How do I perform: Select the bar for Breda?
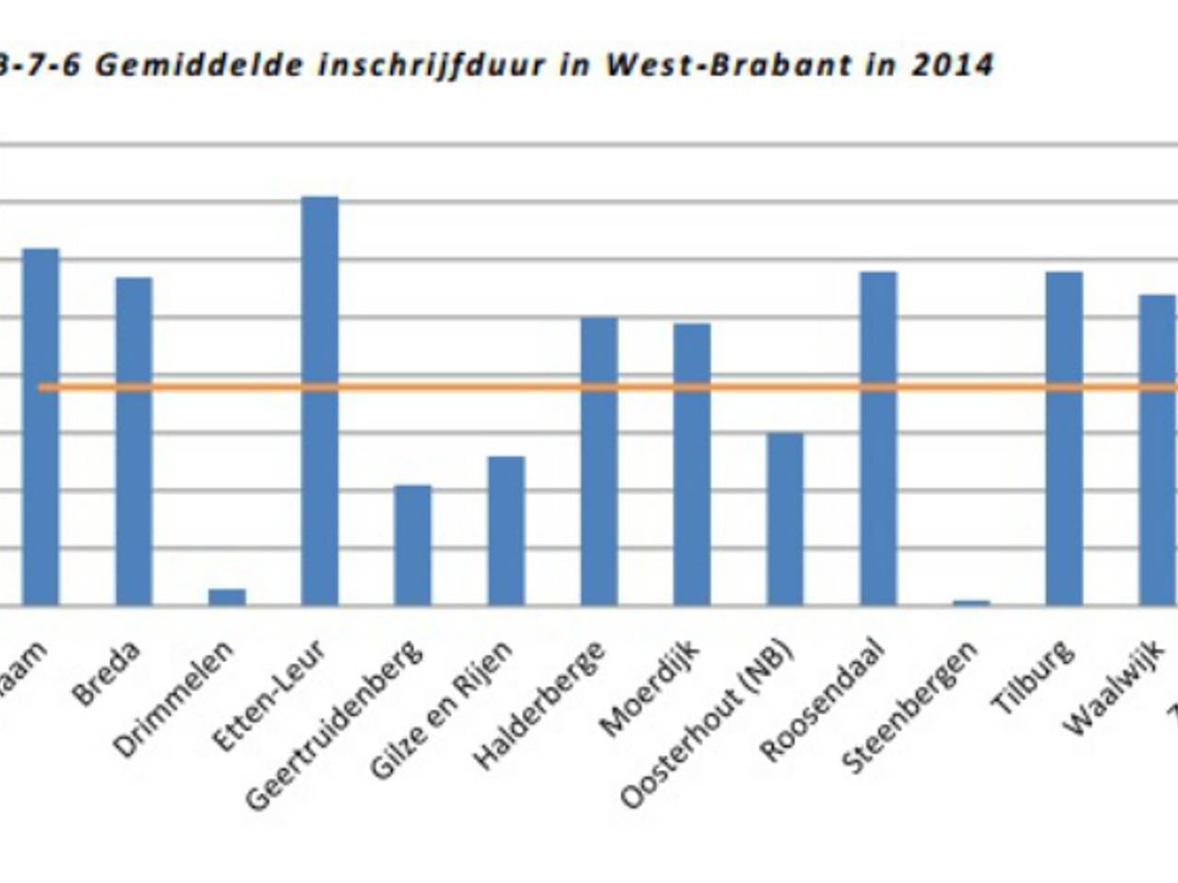[x=133, y=441]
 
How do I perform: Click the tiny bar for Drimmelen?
[x=226, y=597]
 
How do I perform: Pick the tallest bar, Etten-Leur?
[x=319, y=401]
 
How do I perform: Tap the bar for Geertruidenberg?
[x=412, y=545]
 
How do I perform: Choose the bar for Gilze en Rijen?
[x=505, y=531]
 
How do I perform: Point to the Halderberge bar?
[x=598, y=461]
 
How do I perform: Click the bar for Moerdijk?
[x=691, y=464]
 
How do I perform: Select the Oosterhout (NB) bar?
[x=784, y=519]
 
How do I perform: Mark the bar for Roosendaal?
[x=878, y=439]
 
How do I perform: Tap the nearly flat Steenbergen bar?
[x=971, y=602]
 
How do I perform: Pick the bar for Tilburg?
[x=1064, y=439]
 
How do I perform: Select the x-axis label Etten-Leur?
[x=269, y=694]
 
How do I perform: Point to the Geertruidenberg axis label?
[x=335, y=725]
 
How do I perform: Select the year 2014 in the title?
[x=953, y=65]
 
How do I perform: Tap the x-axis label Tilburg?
[x=1033, y=678]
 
